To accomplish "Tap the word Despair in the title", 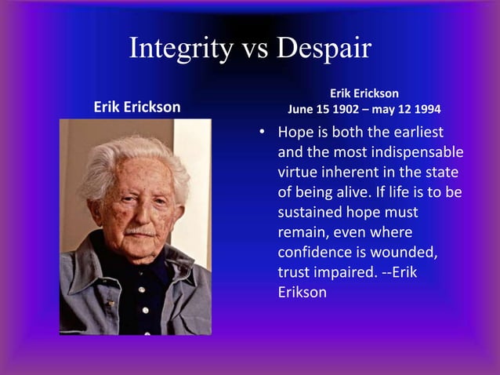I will (322, 49).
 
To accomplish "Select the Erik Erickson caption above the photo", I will (137, 107).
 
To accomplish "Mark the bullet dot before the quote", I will (264, 132).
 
